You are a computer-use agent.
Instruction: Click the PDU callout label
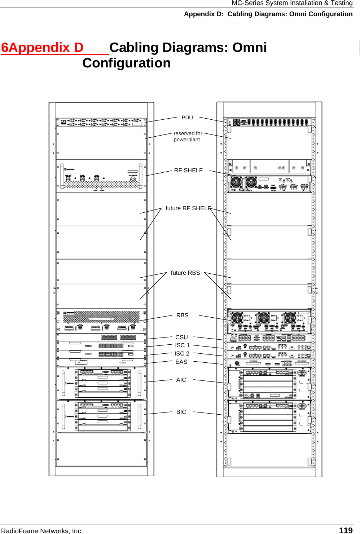[187, 118]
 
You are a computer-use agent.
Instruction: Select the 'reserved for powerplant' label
[188, 136]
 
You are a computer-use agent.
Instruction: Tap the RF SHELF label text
[188, 170]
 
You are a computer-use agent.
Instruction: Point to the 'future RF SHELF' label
[188, 208]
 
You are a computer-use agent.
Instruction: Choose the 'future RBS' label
[185, 273]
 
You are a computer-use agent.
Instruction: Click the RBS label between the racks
[182, 315]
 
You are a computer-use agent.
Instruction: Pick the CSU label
[181, 337]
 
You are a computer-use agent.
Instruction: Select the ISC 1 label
[182, 345]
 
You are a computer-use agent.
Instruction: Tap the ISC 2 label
[182, 353]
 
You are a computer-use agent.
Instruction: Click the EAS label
[181, 362]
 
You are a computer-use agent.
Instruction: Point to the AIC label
[181, 380]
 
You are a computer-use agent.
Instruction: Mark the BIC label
[181, 412]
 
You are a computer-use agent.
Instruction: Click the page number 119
[346, 530]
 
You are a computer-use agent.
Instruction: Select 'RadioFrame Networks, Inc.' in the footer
[42, 530]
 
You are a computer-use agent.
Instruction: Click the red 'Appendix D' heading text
[46, 48]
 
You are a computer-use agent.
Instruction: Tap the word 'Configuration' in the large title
[126, 63]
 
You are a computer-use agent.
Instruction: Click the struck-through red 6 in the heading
[5, 48]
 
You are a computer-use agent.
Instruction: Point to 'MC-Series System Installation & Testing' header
[292, 3]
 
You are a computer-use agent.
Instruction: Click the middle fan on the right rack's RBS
[264, 318]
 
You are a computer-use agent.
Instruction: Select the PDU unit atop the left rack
[101, 122]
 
